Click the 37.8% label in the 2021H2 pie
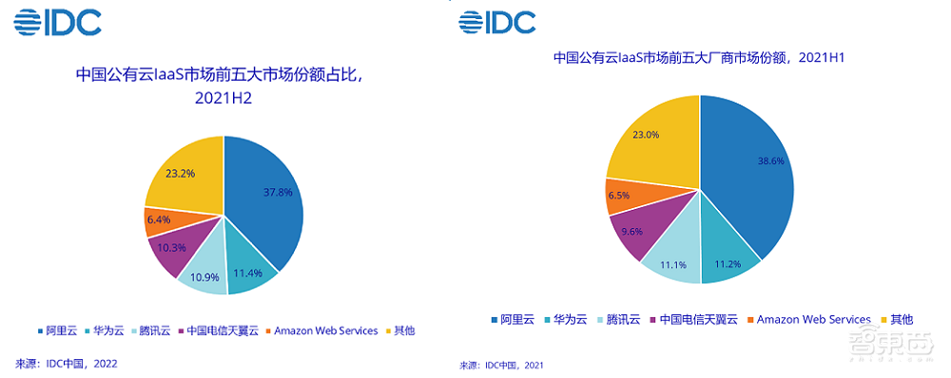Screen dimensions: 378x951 click(279, 192)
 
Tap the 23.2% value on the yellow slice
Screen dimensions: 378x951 click(180, 175)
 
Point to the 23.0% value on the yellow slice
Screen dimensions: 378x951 click(646, 135)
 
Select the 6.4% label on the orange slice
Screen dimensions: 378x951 click(158, 219)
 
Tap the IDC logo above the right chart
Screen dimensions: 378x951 click(497, 20)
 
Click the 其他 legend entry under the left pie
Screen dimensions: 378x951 click(403, 331)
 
